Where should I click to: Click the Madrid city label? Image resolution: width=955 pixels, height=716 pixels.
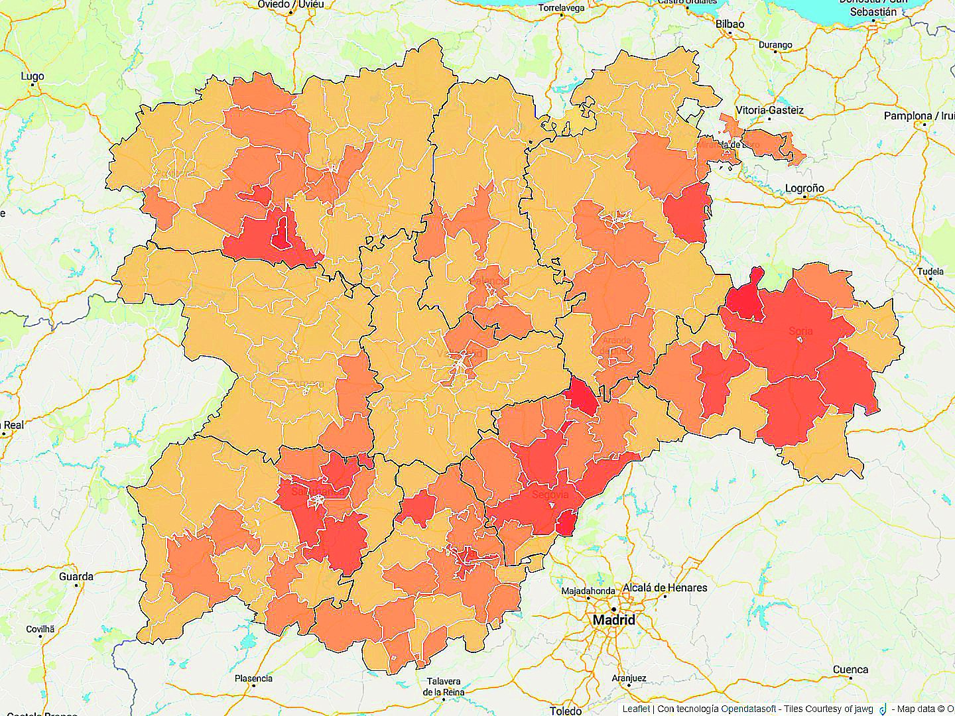pos(613,621)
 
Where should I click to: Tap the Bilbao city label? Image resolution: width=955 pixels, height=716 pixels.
pos(730,24)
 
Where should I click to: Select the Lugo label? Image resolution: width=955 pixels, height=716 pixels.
pos(32,76)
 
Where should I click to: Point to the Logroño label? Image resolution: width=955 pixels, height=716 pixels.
pos(804,188)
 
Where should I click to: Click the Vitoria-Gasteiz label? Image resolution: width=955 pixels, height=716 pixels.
pos(769,111)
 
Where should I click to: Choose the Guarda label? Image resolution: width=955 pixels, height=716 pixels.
pos(76,577)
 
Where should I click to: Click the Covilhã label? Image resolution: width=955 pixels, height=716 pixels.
pos(40,629)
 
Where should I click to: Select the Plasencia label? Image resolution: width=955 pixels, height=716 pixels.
pos(253,678)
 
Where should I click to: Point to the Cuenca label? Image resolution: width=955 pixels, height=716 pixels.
pos(850,670)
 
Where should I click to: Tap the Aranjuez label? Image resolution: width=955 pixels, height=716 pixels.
pos(629,678)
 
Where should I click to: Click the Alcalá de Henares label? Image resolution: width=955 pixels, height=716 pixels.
pos(665,588)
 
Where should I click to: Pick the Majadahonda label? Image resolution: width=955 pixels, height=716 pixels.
pos(588,591)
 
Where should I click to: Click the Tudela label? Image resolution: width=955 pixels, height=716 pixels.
pos(930,271)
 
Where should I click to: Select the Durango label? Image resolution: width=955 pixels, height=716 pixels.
pos(775,45)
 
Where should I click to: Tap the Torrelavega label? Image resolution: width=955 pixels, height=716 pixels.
pos(561,8)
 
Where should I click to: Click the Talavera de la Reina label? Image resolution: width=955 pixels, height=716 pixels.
pos(444,687)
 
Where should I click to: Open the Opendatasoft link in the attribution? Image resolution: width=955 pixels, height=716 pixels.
pos(748,709)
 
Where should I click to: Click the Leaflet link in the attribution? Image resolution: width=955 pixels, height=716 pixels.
pos(635,709)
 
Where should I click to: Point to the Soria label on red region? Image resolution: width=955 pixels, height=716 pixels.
pos(800,331)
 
